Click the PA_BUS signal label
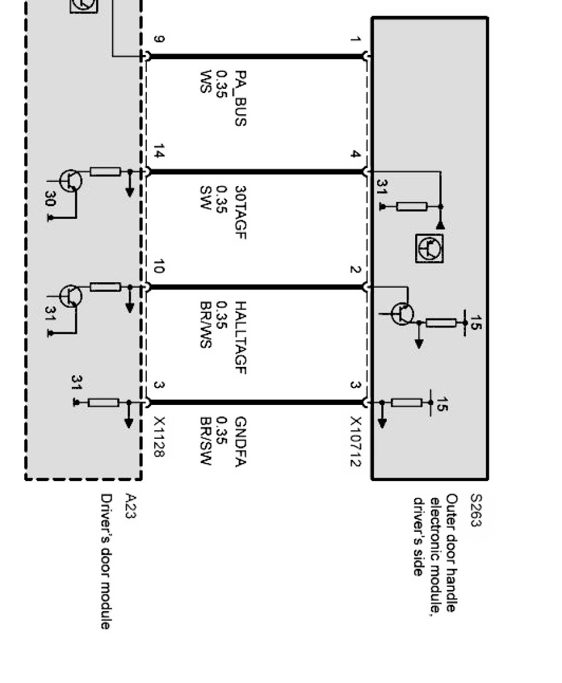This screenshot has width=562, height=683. pyautogui.click(x=240, y=98)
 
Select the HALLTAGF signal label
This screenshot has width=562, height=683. pyautogui.click(x=240, y=338)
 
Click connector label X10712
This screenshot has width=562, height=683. pyautogui.click(x=355, y=441)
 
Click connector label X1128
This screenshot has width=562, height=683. pyautogui.click(x=158, y=436)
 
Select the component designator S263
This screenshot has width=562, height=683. pyautogui.click(x=476, y=511)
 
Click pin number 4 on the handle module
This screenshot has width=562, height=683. pyautogui.click(x=355, y=155)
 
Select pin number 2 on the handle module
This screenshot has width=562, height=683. pyautogui.click(x=355, y=270)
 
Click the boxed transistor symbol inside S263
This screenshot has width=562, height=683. pyautogui.click(x=430, y=248)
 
